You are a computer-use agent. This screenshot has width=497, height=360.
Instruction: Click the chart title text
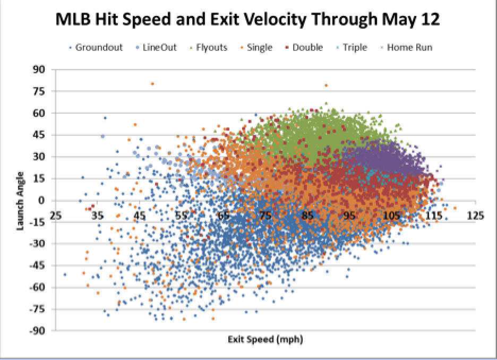247,19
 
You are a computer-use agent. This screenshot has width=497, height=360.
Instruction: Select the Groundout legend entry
96,48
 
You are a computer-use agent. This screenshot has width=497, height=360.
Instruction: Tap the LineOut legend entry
156,48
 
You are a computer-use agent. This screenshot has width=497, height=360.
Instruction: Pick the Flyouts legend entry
209,48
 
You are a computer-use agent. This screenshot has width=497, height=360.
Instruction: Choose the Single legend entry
256,48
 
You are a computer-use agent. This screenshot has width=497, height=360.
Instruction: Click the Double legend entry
304,48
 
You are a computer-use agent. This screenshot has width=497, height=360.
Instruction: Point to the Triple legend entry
352,48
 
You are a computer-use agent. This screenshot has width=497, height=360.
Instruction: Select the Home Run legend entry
406,48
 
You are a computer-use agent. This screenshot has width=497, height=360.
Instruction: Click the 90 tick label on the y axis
39,70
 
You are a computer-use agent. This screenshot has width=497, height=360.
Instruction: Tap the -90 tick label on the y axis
37,331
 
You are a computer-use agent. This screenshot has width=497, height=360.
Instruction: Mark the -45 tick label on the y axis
37,265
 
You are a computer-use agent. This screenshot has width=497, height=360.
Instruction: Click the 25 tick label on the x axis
55,216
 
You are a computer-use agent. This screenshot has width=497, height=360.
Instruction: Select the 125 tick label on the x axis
475,216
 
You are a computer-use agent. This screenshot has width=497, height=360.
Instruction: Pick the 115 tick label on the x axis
434,216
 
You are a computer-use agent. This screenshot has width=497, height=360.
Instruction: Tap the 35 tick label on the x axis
97,216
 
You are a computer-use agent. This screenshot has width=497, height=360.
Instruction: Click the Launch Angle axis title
20,201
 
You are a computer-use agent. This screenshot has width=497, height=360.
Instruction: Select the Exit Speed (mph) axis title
265,339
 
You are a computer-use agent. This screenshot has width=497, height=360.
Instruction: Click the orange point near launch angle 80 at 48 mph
152,84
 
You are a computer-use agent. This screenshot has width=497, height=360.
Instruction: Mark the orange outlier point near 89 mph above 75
326,85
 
